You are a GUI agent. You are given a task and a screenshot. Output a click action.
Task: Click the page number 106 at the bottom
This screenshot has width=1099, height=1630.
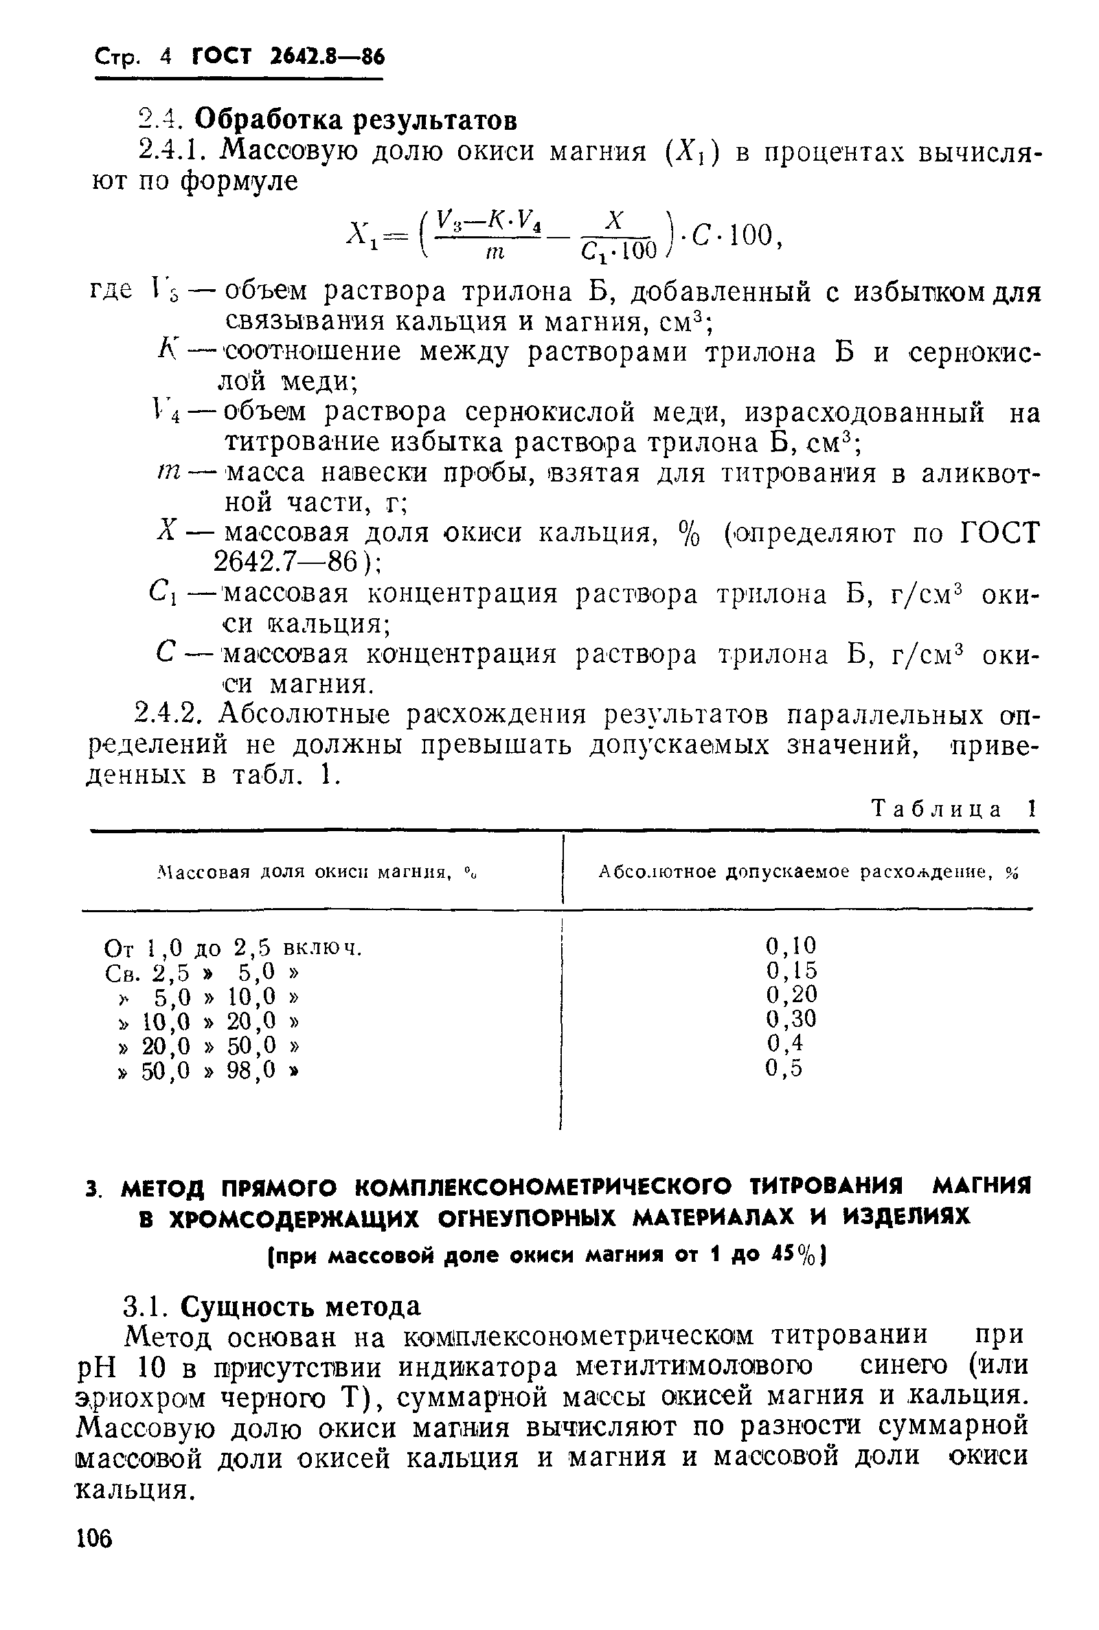[94, 1539]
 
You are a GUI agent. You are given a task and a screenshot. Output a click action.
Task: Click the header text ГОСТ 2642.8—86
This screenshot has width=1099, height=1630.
[288, 56]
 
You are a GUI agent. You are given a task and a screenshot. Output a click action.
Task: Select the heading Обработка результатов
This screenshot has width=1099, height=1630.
[355, 120]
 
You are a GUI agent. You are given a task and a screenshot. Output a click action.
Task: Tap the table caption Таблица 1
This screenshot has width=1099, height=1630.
[953, 808]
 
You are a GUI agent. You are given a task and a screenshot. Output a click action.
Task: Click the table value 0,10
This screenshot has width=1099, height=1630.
[791, 946]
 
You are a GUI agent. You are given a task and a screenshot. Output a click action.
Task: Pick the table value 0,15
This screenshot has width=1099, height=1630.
[791, 970]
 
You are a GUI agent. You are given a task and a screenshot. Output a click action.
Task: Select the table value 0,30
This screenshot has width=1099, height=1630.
[791, 1018]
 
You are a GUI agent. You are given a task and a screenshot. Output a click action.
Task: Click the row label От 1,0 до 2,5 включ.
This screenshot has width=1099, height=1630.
[233, 948]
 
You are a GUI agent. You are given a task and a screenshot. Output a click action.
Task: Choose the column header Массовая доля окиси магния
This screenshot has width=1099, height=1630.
[320, 872]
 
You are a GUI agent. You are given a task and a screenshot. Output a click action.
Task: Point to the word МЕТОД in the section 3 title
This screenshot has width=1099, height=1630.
[167, 1188]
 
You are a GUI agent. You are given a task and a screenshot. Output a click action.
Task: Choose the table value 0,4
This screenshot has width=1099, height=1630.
[784, 1043]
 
